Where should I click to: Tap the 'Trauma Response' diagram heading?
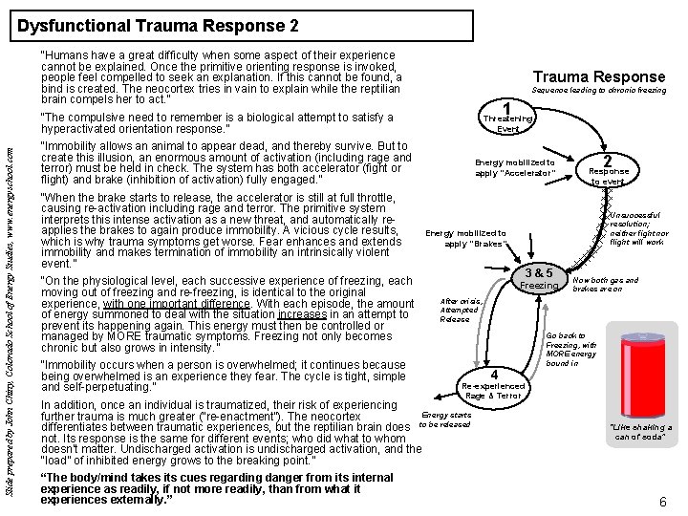(598, 76)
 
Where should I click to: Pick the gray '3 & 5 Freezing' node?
(539, 279)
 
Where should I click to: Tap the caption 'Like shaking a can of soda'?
(637, 430)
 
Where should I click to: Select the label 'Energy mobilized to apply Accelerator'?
(514, 167)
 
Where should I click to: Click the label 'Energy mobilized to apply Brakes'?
(465, 238)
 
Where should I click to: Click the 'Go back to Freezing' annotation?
(573, 350)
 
